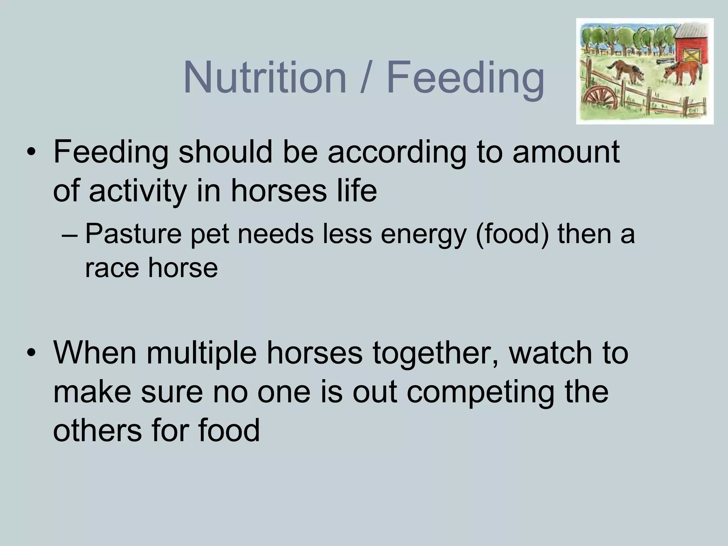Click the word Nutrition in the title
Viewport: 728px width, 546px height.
pos(265,77)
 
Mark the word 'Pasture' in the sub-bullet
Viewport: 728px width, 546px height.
pos(133,234)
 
